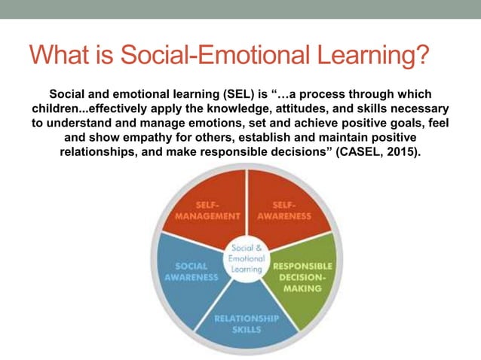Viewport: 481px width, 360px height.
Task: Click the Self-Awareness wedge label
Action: coord(283,210)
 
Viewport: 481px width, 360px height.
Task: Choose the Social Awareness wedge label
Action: coord(191,271)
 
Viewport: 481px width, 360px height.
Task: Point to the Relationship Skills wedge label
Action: coord(247,322)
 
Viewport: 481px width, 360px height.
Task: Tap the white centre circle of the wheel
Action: coord(247,259)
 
